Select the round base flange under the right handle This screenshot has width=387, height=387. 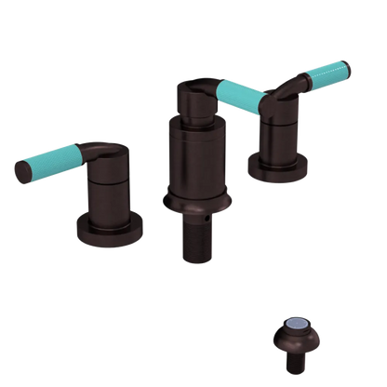(x=278, y=167)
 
